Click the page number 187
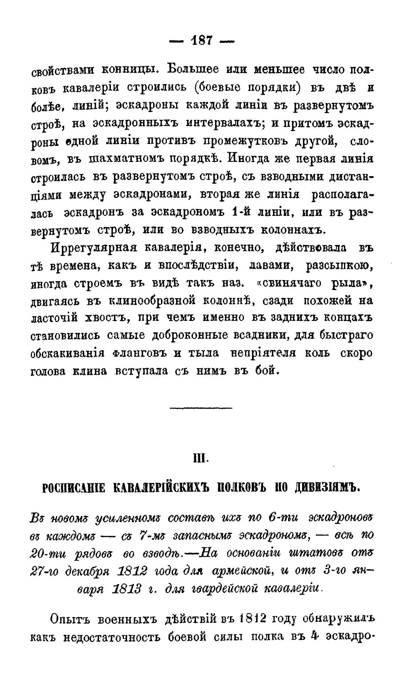coord(202,40)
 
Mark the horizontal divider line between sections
coord(201,407)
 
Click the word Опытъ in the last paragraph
coord(69,619)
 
